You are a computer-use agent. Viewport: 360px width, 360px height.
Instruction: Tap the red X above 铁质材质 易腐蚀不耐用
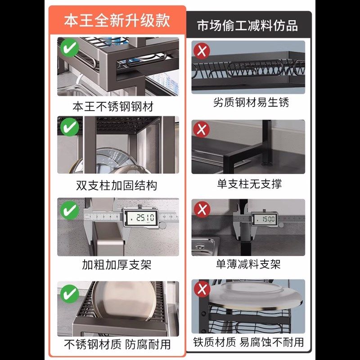202,289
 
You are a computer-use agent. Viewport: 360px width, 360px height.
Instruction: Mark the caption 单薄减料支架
248,264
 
